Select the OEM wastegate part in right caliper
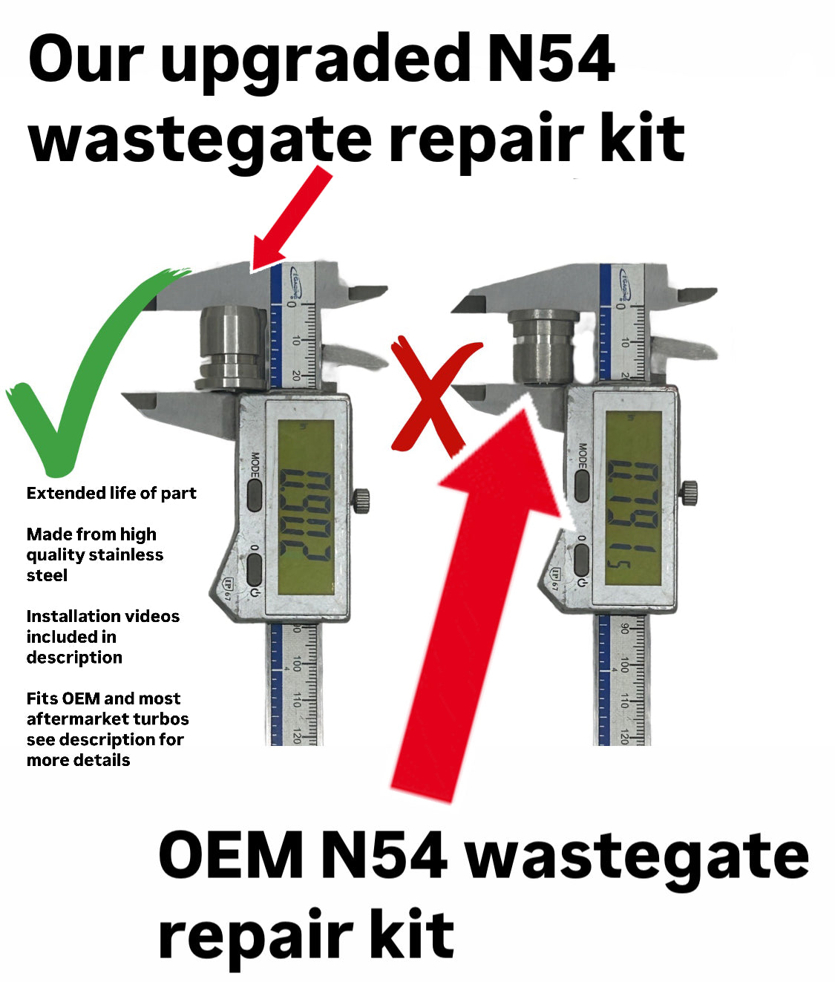point(543,347)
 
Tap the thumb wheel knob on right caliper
point(690,492)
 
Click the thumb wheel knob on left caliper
point(362,500)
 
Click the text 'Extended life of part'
point(111,494)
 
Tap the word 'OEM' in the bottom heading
point(230,857)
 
